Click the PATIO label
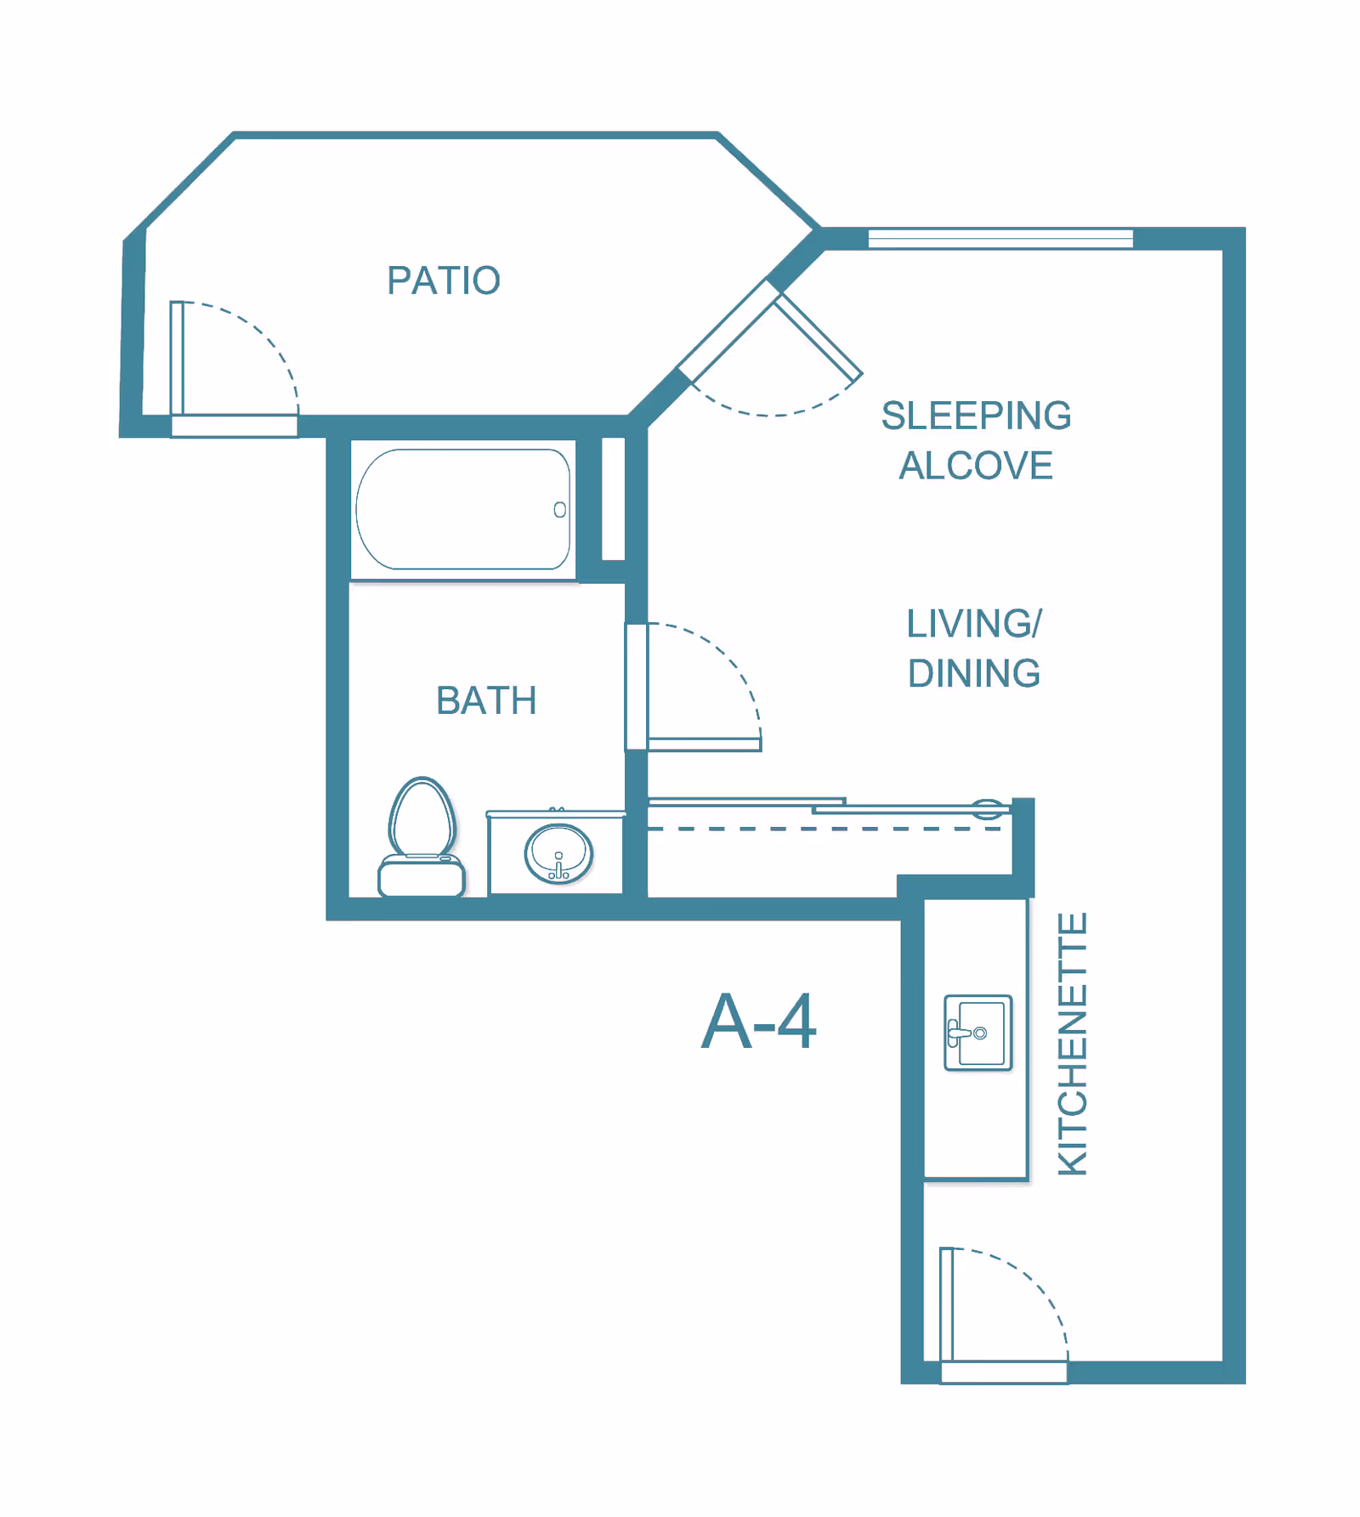click(444, 280)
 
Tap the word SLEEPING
click(976, 416)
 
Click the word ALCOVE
click(976, 466)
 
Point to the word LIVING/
click(974, 624)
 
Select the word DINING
click(974, 673)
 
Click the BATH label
click(486, 701)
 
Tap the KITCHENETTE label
click(1073, 1044)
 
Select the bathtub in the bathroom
click(463, 509)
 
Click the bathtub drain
click(559, 510)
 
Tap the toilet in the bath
click(422, 836)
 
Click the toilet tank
click(422, 875)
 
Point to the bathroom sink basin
click(558, 854)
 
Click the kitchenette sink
click(978, 1033)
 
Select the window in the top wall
click(1000, 239)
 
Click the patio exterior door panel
click(177, 359)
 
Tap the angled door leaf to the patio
click(818, 337)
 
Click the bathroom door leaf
click(705, 744)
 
